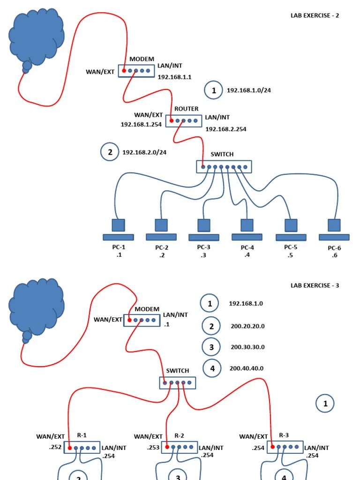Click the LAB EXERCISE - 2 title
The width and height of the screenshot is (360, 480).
click(x=315, y=15)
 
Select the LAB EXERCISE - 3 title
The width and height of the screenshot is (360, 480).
click(x=315, y=285)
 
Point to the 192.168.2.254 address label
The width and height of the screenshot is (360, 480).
click(x=226, y=129)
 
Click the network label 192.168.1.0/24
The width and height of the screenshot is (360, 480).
click(x=248, y=90)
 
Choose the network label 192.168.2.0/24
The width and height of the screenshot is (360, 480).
click(x=144, y=152)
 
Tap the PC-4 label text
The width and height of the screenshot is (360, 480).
click(x=247, y=247)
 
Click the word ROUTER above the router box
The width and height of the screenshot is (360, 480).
click(x=186, y=109)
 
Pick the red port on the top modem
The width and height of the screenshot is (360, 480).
click(x=124, y=71)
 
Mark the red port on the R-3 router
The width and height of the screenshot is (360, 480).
click(x=272, y=447)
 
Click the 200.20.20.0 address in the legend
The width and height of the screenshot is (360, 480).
click(x=247, y=326)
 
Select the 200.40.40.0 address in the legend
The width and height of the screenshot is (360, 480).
click(x=246, y=368)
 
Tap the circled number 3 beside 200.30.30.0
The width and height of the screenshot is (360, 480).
click(x=211, y=347)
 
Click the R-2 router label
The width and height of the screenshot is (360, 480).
click(x=179, y=435)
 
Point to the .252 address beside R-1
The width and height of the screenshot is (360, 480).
click(x=55, y=447)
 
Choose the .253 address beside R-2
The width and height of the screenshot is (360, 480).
click(x=153, y=447)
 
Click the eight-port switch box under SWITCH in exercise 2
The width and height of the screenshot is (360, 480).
click(x=224, y=167)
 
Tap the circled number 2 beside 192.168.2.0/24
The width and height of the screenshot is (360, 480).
click(x=110, y=152)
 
